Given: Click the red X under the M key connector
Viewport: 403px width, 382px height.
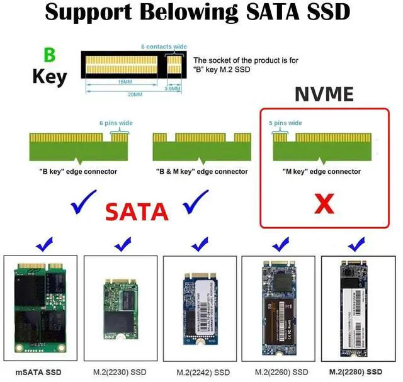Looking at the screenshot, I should (x=324, y=203).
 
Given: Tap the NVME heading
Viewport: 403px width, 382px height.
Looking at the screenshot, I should (x=325, y=94).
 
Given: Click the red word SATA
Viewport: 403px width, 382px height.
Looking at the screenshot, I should (x=137, y=212).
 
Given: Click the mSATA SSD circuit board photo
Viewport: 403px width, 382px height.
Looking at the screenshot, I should (x=40, y=308).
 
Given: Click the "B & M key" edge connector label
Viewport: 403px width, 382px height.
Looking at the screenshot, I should (x=201, y=171).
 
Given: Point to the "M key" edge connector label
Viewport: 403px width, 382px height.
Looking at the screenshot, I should (x=322, y=171).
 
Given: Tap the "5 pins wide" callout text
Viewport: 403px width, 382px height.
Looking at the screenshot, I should (x=285, y=123).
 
